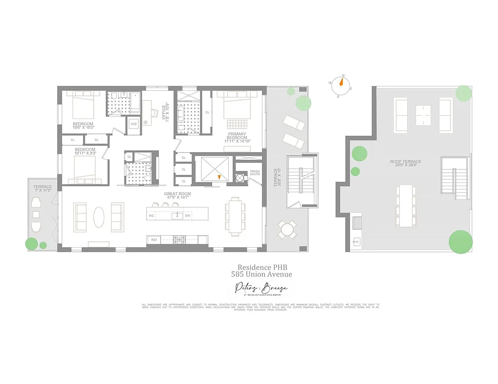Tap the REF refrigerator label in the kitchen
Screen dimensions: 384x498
154,240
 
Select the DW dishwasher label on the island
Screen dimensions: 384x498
188,216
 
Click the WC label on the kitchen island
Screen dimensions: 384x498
151,216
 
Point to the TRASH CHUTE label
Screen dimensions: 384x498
255,173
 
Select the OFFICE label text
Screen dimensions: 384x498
164,112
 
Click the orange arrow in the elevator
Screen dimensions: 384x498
219,177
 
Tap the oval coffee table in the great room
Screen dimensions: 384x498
98,217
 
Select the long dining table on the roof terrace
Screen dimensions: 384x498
406,205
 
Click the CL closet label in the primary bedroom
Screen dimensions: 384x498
207,113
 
